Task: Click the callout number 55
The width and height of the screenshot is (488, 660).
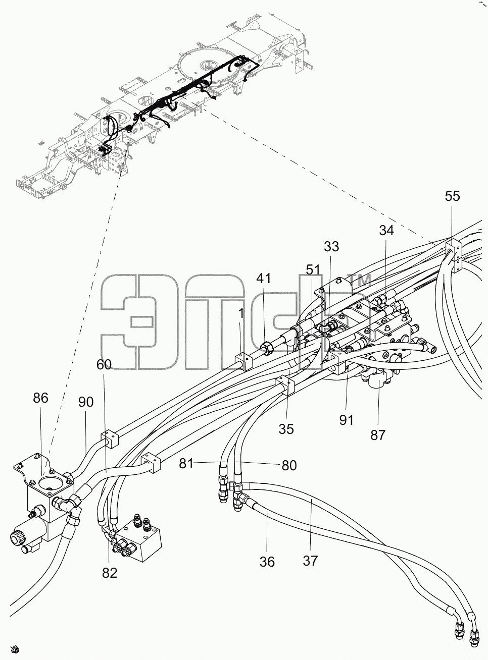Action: click(452, 196)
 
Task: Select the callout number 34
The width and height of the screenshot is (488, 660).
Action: click(386, 231)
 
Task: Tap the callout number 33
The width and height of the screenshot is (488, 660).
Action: click(331, 247)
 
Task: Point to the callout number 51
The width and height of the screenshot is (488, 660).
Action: click(313, 270)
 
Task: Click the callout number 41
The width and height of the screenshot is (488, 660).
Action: click(264, 279)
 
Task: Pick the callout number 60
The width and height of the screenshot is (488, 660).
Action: click(104, 365)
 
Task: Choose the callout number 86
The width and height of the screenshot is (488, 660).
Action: click(40, 398)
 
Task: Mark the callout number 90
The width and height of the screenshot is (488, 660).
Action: click(86, 402)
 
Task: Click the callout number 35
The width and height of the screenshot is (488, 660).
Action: click(286, 429)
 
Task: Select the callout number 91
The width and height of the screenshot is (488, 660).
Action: click(346, 420)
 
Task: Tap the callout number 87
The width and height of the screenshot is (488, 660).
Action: click(378, 435)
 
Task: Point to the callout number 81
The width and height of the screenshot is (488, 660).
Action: click(186, 464)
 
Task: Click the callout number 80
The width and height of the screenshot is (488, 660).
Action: click(289, 465)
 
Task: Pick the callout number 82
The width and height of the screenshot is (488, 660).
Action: click(110, 573)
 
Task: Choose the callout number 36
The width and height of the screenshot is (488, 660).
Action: click(267, 562)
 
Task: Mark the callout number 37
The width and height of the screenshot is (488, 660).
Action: click(310, 561)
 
